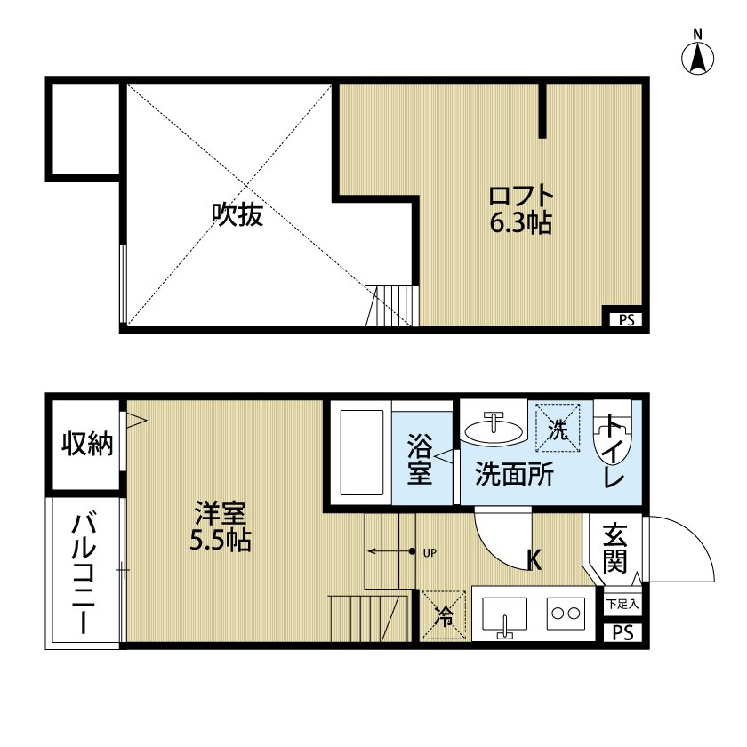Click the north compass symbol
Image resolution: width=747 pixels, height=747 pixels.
(698, 56)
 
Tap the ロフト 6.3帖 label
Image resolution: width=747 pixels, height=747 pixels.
(521, 208)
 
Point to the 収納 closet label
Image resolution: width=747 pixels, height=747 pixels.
(87, 444)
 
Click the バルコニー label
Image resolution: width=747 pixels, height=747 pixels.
(85, 573)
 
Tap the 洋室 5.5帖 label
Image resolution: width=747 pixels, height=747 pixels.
(220, 526)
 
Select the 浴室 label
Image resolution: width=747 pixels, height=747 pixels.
(420, 458)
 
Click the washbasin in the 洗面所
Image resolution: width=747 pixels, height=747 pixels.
(495, 428)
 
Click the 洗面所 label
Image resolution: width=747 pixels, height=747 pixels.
(514, 474)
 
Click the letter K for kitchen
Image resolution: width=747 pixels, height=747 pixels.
(534, 559)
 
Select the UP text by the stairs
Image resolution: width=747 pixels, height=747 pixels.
(430, 552)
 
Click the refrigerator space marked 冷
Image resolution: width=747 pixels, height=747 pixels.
(441, 614)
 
